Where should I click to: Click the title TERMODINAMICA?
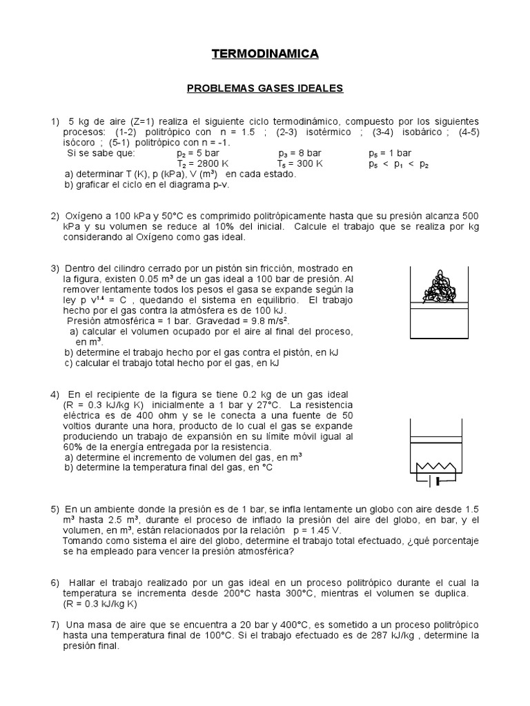[264, 53]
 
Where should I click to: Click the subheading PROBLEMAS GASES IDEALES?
[266, 89]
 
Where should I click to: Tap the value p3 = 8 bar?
[304, 153]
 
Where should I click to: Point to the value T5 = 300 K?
[300, 164]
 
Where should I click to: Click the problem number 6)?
[56, 582]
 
